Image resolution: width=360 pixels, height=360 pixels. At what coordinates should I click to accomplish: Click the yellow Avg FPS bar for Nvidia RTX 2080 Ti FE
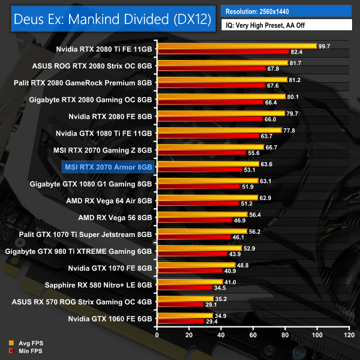click(x=236, y=46)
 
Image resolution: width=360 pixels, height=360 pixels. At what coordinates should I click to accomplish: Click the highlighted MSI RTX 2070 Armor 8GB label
click(x=108, y=167)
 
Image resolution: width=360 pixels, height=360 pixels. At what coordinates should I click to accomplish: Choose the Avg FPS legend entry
click(x=26, y=343)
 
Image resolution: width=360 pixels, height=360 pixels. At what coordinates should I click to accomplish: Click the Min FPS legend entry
click(x=26, y=350)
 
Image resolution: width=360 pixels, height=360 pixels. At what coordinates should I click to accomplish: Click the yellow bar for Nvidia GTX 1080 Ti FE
click(x=219, y=130)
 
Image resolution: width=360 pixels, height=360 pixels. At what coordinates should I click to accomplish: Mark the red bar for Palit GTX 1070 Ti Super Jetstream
click(x=194, y=238)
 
